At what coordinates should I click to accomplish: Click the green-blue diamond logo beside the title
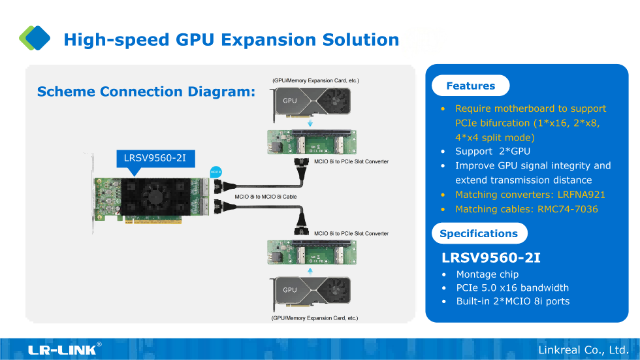(x=35, y=38)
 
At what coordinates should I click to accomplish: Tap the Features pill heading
(x=470, y=86)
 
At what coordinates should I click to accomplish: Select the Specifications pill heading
(x=479, y=233)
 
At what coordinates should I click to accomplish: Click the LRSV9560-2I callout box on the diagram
(x=155, y=158)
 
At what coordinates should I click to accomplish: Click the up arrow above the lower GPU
(x=310, y=269)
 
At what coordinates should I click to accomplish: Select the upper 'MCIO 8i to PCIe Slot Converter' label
(x=351, y=161)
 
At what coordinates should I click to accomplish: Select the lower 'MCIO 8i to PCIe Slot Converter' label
(x=351, y=233)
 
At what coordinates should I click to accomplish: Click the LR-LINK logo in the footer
(x=64, y=350)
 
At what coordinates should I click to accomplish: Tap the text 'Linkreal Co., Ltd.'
(x=583, y=350)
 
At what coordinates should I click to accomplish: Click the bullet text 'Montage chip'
(x=487, y=274)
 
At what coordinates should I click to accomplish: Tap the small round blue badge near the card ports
(x=216, y=172)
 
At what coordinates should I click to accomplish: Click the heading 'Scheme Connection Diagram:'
(x=146, y=91)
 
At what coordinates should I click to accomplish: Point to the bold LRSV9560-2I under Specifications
(x=491, y=257)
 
